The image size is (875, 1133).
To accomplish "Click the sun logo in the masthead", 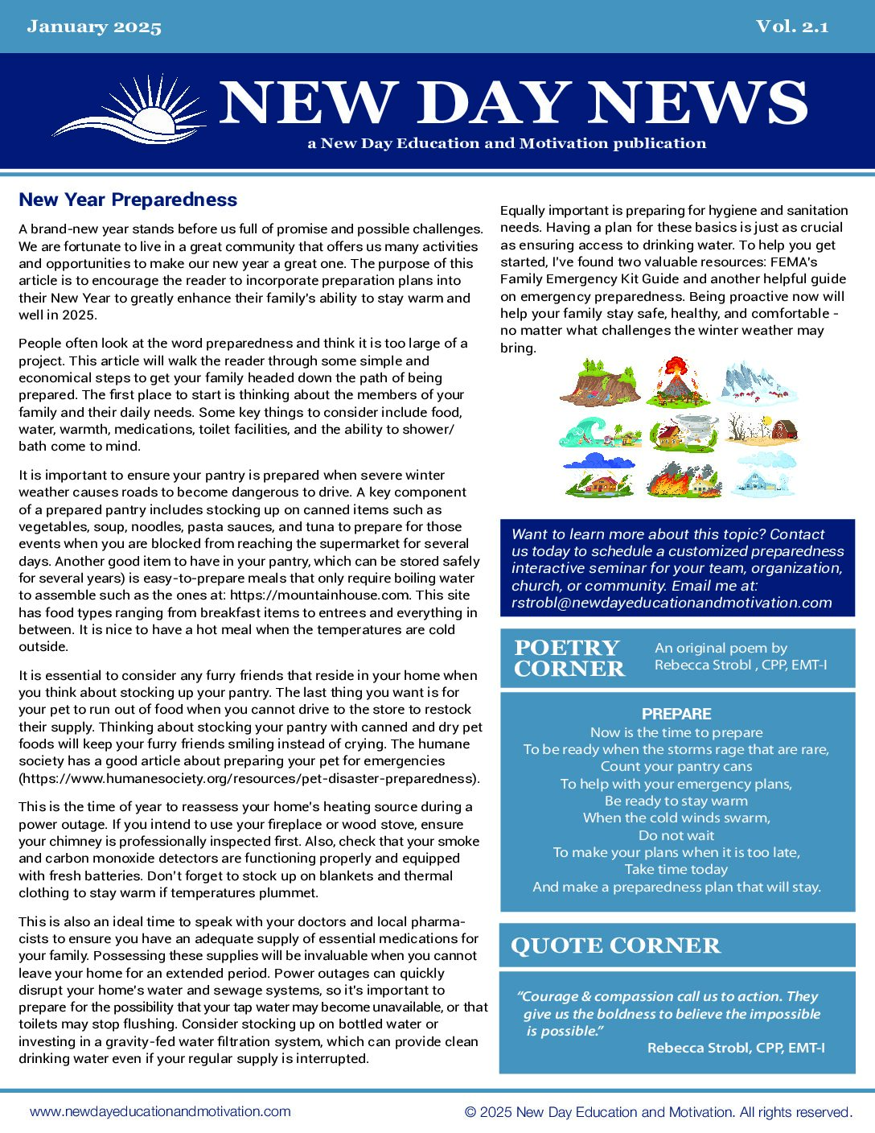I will pyautogui.click(x=129, y=110).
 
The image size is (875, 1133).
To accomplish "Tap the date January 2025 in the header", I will pyautogui.click(x=94, y=27).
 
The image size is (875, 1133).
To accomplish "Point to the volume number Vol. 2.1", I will pyautogui.click(x=791, y=27).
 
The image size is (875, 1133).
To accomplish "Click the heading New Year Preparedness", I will pyautogui.click(x=128, y=200).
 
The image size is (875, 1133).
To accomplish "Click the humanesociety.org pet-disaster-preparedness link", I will pyautogui.click(x=249, y=778).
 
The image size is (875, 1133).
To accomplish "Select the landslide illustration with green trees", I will pyautogui.click(x=599, y=383).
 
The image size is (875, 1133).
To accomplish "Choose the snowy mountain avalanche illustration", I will pyautogui.click(x=758, y=382).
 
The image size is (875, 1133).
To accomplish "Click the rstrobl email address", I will pyautogui.click(x=672, y=603).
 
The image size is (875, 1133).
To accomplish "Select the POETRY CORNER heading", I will pyautogui.click(x=569, y=658).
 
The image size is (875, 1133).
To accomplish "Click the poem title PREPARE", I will pyautogui.click(x=676, y=714).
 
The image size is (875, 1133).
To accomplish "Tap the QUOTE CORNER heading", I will pyautogui.click(x=615, y=946).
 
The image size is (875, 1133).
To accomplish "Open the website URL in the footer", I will pyautogui.click(x=160, y=1111).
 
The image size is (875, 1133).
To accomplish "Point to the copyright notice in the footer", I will pyautogui.click(x=658, y=1112).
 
